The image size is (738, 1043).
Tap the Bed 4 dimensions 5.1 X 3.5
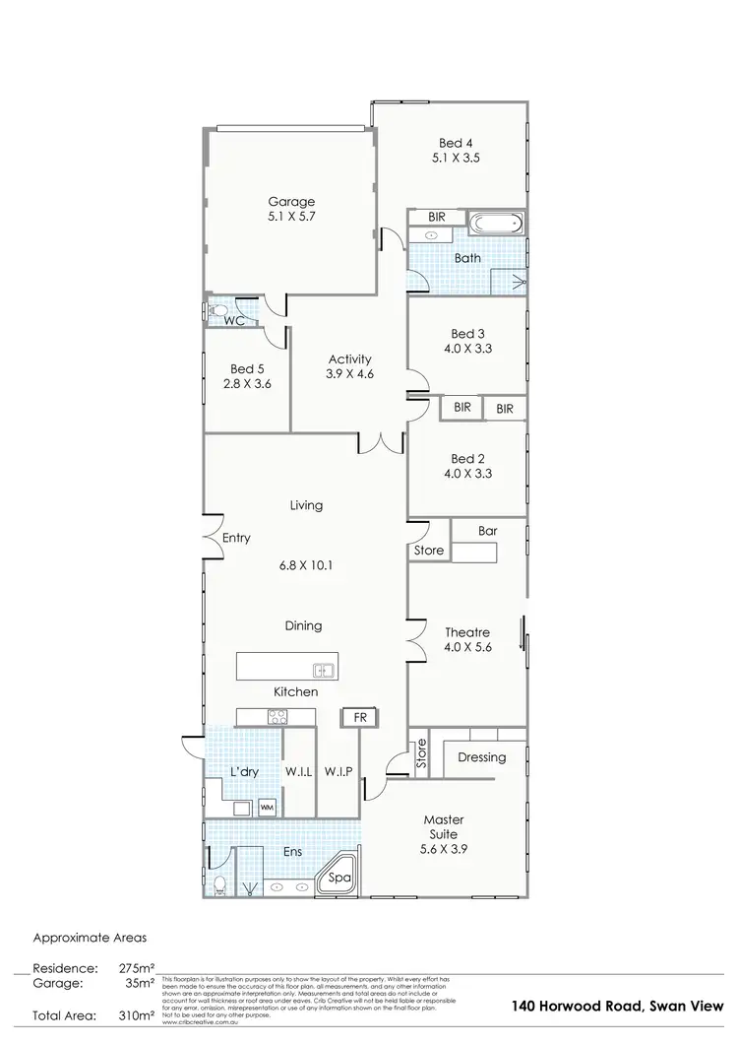coord(457,158)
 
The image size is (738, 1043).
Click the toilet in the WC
coord(215,310)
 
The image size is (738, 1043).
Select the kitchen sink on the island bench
coord(324,671)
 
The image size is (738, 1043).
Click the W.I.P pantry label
coord(338,772)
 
